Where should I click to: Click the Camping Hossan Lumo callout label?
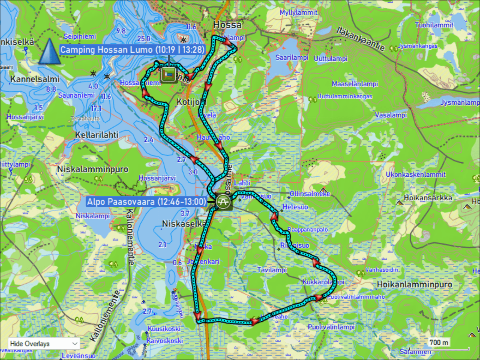point(132,50)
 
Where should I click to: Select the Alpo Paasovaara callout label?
point(146,202)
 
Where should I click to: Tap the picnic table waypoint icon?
point(223,202)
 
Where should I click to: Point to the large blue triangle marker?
point(50,52)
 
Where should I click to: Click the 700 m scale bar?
point(439,343)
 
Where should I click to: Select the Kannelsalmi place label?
point(35,79)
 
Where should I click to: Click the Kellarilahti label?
point(97,135)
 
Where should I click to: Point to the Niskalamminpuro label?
point(93,169)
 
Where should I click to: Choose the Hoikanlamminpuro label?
point(414,284)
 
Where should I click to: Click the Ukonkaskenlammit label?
point(416,175)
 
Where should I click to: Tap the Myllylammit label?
point(298,12)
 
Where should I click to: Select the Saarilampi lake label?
point(292,58)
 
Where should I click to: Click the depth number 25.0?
point(143,39)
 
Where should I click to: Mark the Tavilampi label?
point(272,270)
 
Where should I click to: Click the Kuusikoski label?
point(164,329)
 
